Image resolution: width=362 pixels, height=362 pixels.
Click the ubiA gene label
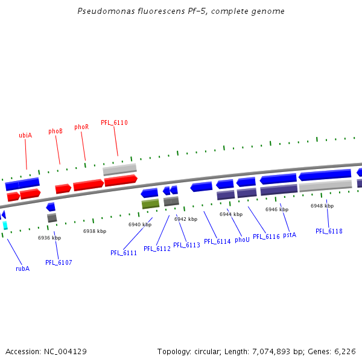click(x=25, y=135)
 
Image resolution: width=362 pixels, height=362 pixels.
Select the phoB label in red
click(x=56, y=131)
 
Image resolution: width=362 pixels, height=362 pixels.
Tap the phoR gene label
click(x=81, y=127)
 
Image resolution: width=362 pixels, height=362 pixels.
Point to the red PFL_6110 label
click(x=114, y=122)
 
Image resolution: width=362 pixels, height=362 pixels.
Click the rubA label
click(x=22, y=268)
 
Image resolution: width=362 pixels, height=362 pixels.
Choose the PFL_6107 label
click(x=59, y=262)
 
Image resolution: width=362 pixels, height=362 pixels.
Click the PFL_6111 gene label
click(x=124, y=253)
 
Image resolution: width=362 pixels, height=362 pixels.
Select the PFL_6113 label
click(x=186, y=245)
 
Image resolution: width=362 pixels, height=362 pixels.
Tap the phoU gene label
click(x=242, y=240)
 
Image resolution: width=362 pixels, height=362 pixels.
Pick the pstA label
click(x=290, y=234)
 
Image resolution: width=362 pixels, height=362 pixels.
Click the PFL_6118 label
click(x=329, y=231)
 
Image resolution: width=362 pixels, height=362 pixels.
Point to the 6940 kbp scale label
click(x=140, y=224)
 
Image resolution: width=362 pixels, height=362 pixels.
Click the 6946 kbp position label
click(x=277, y=209)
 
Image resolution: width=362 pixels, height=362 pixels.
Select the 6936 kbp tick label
click(x=49, y=238)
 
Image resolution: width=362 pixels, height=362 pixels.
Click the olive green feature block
click(x=150, y=205)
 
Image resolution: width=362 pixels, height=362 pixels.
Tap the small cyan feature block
click(x=5, y=226)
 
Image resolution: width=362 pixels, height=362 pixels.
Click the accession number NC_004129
click(x=65, y=351)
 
